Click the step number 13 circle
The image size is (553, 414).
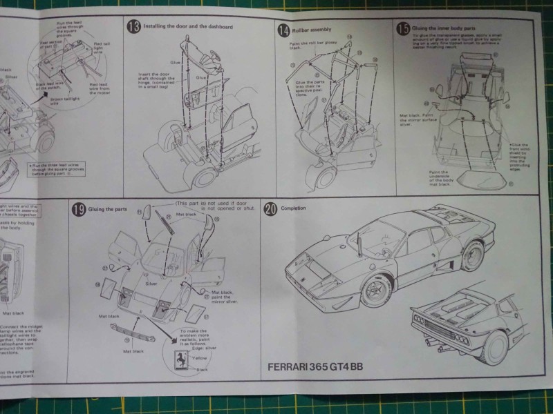tap(133, 26)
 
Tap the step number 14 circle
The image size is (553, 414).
tap(283, 30)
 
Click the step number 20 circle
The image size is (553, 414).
tap(270, 209)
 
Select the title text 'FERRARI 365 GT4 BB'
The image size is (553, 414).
tap(315, 366)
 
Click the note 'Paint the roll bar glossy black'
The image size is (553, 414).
tap(302, 46)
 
